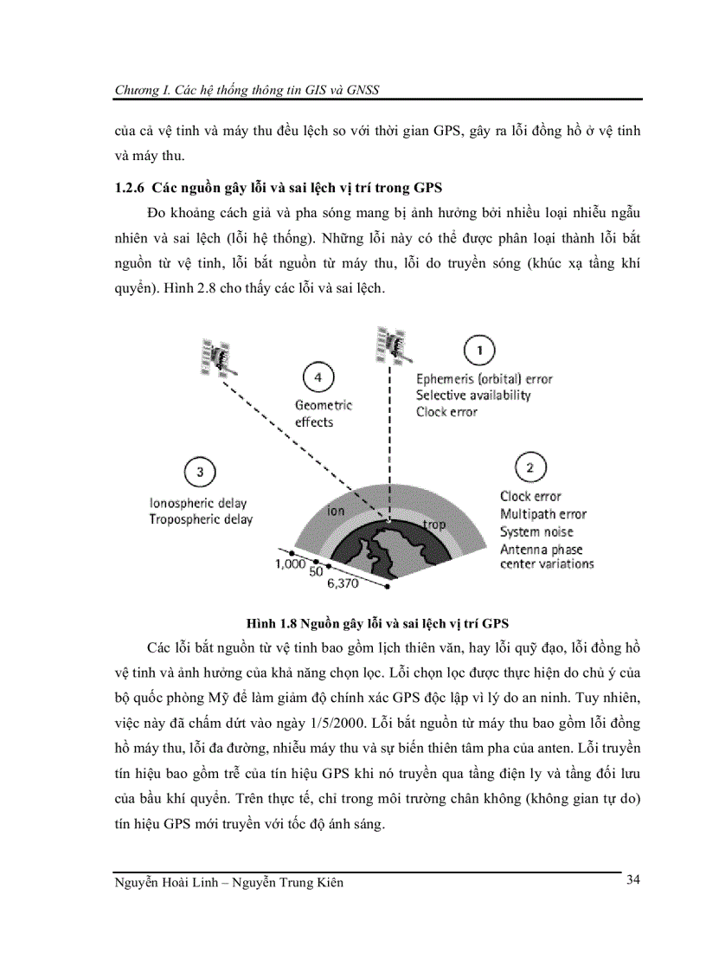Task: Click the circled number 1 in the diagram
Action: [480, 351]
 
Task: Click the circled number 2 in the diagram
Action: [529, 468]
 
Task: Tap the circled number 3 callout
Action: [200, 472]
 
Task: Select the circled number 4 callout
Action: [318, 377]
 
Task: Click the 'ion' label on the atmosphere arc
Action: [336, 511]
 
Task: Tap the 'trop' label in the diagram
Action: [434, 525]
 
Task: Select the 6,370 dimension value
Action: [343, 583]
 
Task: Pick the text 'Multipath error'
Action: [543, 514]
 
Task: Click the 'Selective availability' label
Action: [473, 396]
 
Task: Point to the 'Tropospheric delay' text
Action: [201, 519]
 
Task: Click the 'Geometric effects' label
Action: [324, 413]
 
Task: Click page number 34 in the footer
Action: [632, 880]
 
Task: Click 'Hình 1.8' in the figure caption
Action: [269, 622]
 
